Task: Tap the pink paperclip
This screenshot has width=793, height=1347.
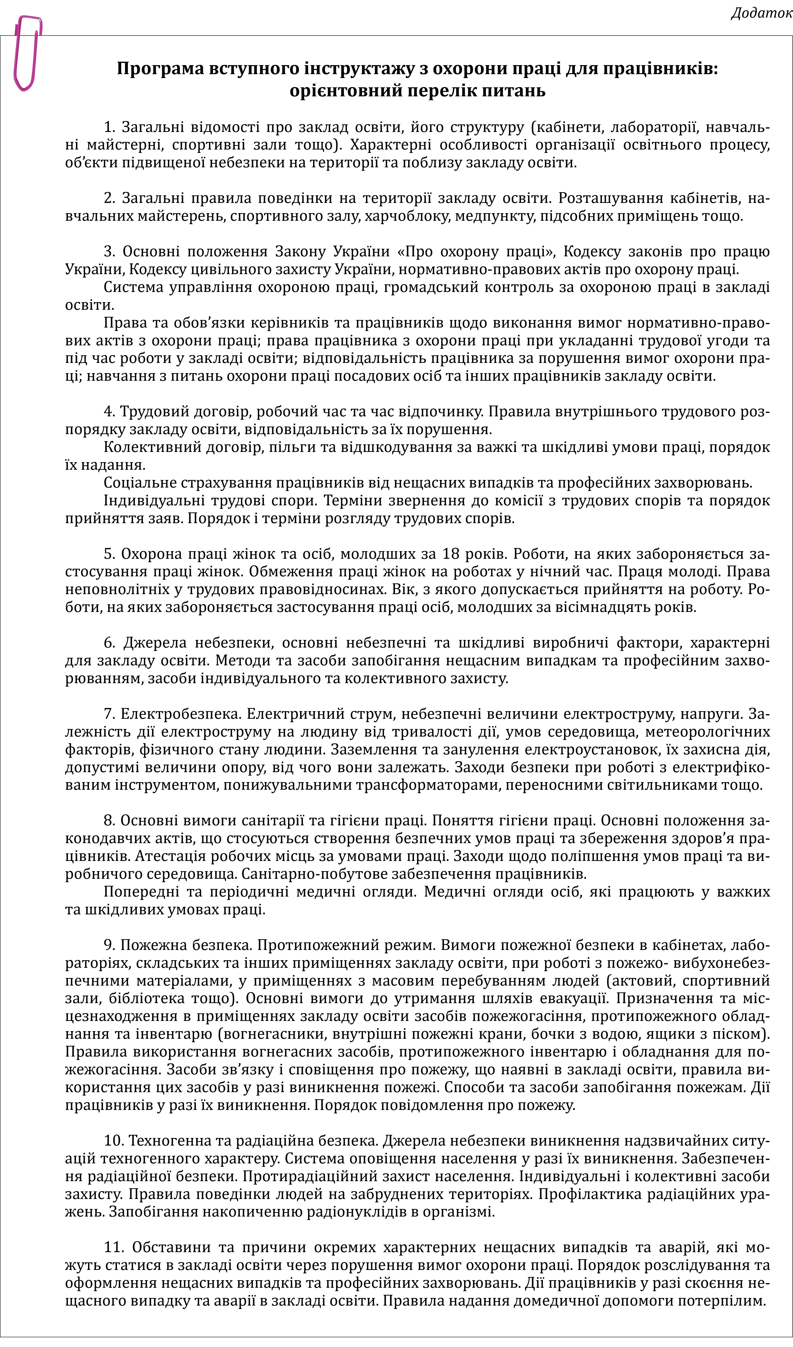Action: pyautogui.click(x=27, y=53)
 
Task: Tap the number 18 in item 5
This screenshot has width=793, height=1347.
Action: pyautogui.click(x=452, y=554)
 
